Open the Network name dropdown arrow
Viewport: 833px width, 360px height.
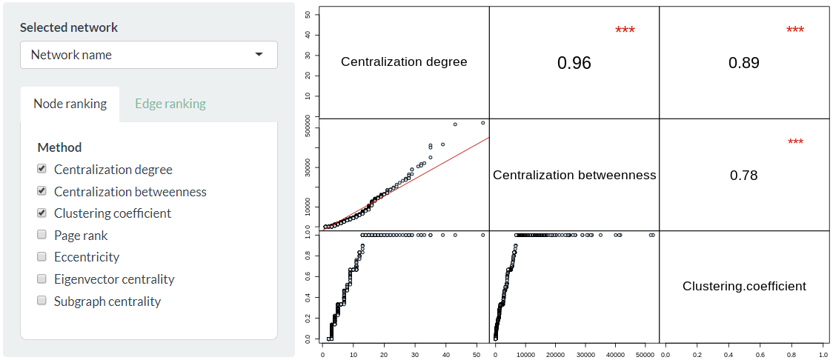[x=259, y=55]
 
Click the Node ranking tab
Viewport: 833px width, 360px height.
[x=70, y=104]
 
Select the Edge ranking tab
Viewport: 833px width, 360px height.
[x=170, y=104]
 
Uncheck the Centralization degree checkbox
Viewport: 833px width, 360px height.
[x=42, y=169]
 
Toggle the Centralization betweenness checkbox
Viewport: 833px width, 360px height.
[x=42, y=191]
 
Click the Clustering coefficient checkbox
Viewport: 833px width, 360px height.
[x=42, y=213]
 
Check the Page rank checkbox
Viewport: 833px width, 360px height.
[x=42, y=235]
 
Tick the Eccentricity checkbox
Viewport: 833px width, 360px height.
[x=42, y=256]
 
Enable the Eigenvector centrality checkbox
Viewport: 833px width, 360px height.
[x=42, y=279]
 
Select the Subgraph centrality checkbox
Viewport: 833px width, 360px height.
[x=42, y=301]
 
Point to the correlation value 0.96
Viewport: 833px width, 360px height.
[x=574, y=63]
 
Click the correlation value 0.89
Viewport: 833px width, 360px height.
[x=744, y=63]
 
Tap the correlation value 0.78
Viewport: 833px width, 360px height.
[x=744, y=176]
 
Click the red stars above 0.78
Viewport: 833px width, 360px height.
[x=795, y=142]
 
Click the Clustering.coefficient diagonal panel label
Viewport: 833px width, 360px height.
[x=744, y=286]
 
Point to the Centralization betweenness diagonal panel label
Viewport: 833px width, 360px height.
[x=574, y=176]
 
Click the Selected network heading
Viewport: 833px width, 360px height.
[x=69, y=27]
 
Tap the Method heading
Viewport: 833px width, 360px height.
[x=59, y=147]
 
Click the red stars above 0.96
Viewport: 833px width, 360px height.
[x=625, y=30]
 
